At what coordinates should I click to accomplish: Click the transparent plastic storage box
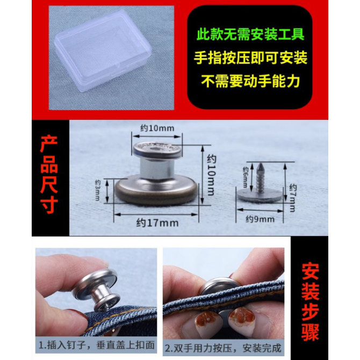tap(103, 49)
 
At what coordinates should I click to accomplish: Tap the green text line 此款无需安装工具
tap(250, 34)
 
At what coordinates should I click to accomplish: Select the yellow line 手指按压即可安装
tap(250, 57)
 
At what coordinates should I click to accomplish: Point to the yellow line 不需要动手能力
tap(250, 81)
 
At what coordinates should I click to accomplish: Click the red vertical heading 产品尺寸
tap(49, 175)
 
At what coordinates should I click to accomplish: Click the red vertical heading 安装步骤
tap(310, 303)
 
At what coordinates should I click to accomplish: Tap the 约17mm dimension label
tap(157, 223)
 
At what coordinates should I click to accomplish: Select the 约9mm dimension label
tap(260, 219)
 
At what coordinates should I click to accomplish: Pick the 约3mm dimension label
tap(98, 190)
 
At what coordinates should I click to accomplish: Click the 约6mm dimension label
tap(246, 177)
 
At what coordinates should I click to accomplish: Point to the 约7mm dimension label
tap(293, 198)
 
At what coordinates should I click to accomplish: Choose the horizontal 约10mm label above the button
tap(157, 128)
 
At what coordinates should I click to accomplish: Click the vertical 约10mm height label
tap(212, 175)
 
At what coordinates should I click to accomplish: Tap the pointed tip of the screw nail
tap(261, 164)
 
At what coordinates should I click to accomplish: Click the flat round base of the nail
tap(260, 197)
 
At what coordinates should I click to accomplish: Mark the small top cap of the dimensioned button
tap(157, 150)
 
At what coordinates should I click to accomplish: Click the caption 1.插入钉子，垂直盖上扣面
tap(96, 345)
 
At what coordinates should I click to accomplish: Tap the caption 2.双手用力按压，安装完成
tap(223, 348)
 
